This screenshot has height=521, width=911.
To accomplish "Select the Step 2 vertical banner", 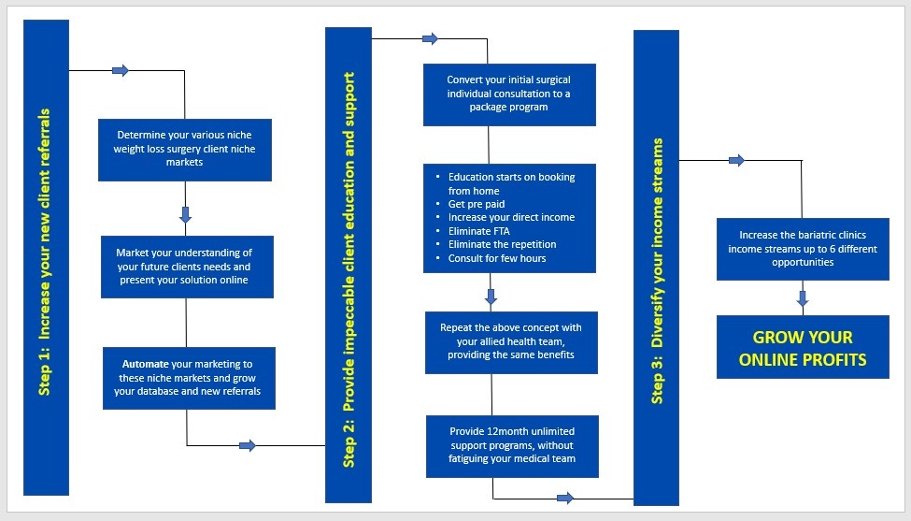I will pyautogui.click(x=348, y=264).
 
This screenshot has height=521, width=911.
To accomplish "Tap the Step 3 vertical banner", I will pyautogui.click(x=656, y=268).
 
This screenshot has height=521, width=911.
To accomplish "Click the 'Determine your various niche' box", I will pyautogui.click(x=185, y=149).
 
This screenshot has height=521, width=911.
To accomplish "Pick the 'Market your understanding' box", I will pyautogui.click(x=187, y=267).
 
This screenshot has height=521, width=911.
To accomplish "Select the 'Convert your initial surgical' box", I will pyautogui.click(x=509, y=94).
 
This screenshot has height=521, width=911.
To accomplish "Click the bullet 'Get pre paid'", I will pyautogui.click(x=477, y=204).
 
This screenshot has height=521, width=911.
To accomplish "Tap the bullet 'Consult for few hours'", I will pyautogui.click(x=497, y=257).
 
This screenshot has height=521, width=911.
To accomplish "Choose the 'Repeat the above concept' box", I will pyautogui.click(x=510, y=341).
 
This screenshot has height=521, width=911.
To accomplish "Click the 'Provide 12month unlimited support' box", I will pyautogui.click(x=511, y=446).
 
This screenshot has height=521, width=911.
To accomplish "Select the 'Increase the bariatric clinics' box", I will pyautogui.click(x=803, y=249).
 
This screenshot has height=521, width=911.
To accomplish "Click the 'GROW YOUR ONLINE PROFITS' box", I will pyautogui.click(x=803, y=347).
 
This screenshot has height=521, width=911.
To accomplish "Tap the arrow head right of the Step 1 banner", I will pyautogui.click(x=120, y=71).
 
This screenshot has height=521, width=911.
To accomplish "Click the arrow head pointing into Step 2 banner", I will pyautogui.click(x=248, y=445).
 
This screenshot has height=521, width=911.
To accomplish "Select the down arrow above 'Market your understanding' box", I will pyautogui.click(x=185, y=214).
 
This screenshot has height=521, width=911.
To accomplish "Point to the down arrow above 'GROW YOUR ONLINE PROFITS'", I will pyautogui.click(x=802, y=299).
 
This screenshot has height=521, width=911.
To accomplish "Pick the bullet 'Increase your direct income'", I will pyautogui.click(x=511, y=218).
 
